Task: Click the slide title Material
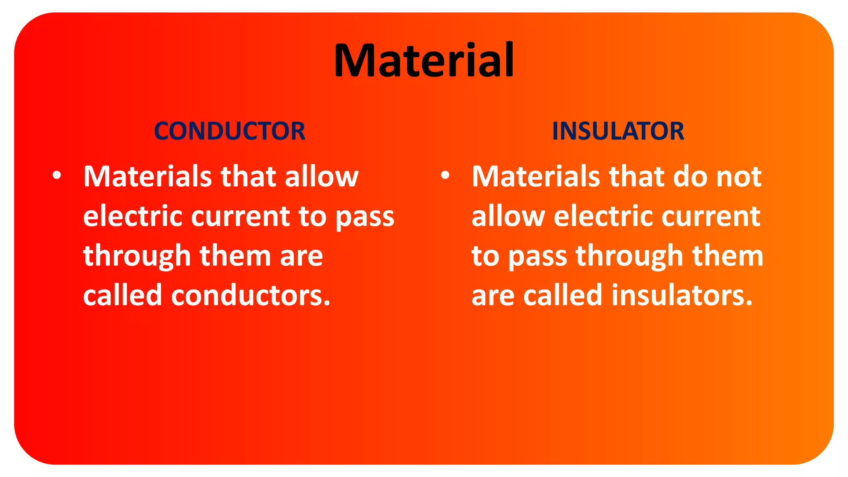tap(424, 60)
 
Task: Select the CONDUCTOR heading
tap(229, 131)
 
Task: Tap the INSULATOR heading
tap(618, 131)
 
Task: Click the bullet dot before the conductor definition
tap(57, 175)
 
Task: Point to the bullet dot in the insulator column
tap(445, 175)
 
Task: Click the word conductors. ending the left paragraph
tap(251, 296)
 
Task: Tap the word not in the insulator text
tap(739, 177)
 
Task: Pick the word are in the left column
tap(301, 256)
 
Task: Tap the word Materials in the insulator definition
tap(536, 177)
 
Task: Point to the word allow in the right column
tap(508, 216)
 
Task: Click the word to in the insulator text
tap(485, 256)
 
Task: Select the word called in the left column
tap(123, 296)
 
